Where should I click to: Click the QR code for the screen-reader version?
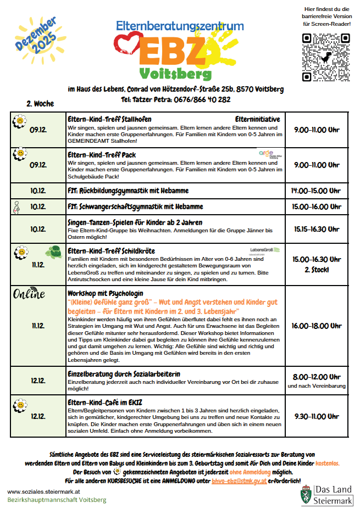[326, 57]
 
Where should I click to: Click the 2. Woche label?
[40, 103]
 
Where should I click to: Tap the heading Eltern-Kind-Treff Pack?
[102, 155]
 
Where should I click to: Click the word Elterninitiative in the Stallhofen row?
[257, 119]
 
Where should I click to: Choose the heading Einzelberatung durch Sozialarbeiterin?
[124, 374]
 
